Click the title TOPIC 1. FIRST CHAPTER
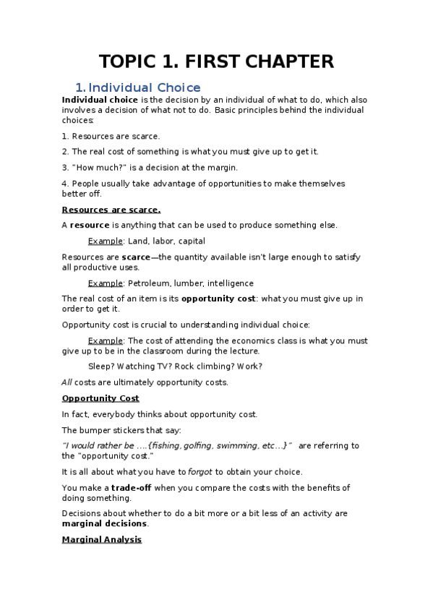[216, 61]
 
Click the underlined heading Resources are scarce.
[111, 210]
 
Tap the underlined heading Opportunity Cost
[100, 398]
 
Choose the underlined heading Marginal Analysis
[102, 539]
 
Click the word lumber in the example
[190, 283]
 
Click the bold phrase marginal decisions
[105, 524]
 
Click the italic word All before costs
[67, 382]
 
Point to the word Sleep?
[100, 366]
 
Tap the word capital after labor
[191, 241]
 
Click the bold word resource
[90, 226]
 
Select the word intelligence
[230, 283]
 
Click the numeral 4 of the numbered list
[64, 184]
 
